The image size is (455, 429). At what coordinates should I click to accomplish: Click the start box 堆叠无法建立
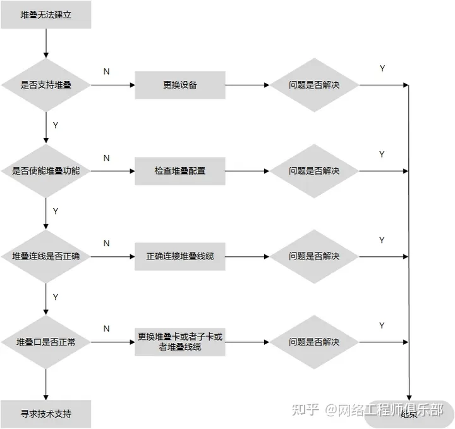tap(46, 15)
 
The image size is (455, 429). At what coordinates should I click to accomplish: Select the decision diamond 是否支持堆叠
tap(46, 85)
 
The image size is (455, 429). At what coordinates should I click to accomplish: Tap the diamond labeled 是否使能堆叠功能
tap(46, 171)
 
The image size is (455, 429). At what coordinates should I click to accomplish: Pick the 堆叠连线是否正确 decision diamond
tap(46, 256)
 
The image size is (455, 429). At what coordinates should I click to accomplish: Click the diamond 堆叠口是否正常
tap(46, 342)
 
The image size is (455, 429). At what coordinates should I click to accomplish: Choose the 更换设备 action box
tap(180, 85)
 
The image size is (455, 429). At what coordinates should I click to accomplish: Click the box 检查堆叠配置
tap(180, 171)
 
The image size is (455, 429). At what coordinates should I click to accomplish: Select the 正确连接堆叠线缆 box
tap(180, 256)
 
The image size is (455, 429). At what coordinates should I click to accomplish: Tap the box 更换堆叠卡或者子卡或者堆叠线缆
tap(180, 342)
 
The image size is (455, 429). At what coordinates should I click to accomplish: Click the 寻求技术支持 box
tap(46, 414)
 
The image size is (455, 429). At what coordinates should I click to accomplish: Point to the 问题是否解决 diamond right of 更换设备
tap(314, 85)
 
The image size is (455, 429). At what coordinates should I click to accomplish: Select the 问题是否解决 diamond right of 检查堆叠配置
tap(314, 171)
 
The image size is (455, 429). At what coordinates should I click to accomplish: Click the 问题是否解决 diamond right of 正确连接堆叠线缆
tap(314, 256)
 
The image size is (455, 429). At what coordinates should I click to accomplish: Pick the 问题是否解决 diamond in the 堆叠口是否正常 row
tap(314, 342)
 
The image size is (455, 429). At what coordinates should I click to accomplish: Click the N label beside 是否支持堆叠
tap(106, 72)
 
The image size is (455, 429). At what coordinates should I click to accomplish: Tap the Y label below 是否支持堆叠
tap(56, 125)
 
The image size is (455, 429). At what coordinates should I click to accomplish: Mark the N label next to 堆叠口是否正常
tap(106, 328)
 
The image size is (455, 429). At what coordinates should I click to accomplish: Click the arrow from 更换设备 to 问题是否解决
tap(247, 85)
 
